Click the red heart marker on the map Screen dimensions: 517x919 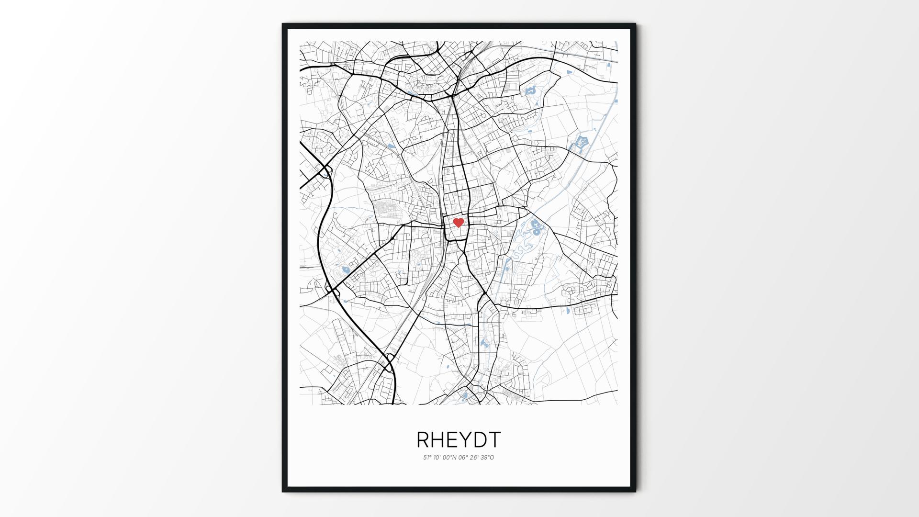pyautogui.click(x=459, y=223)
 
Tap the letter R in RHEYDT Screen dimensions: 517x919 pyautogui.click(x=423, y=439)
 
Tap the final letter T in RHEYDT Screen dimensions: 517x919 pyautogui.click(x=494, y=439)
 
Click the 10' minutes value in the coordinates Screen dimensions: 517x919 pyautogui.click(x=438, y=458)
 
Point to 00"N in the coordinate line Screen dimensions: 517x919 pyautogui.click(x=450, y=458)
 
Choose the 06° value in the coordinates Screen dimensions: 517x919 pyautogui.click(x=463, y=458)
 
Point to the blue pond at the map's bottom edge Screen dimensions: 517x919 pyautogui.click(x=464, y=396)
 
